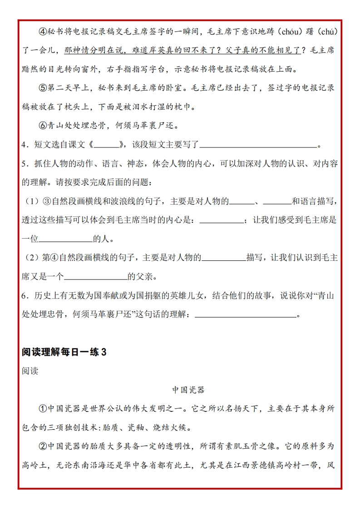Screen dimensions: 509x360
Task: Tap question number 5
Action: tap(25, 164)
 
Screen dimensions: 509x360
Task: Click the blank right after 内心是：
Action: tap(221, 220)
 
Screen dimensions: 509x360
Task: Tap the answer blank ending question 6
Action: tap(245, 315)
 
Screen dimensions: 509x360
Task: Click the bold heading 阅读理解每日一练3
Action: tap(64, 352)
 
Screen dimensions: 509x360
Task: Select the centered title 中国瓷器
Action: tap(188, 390)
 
